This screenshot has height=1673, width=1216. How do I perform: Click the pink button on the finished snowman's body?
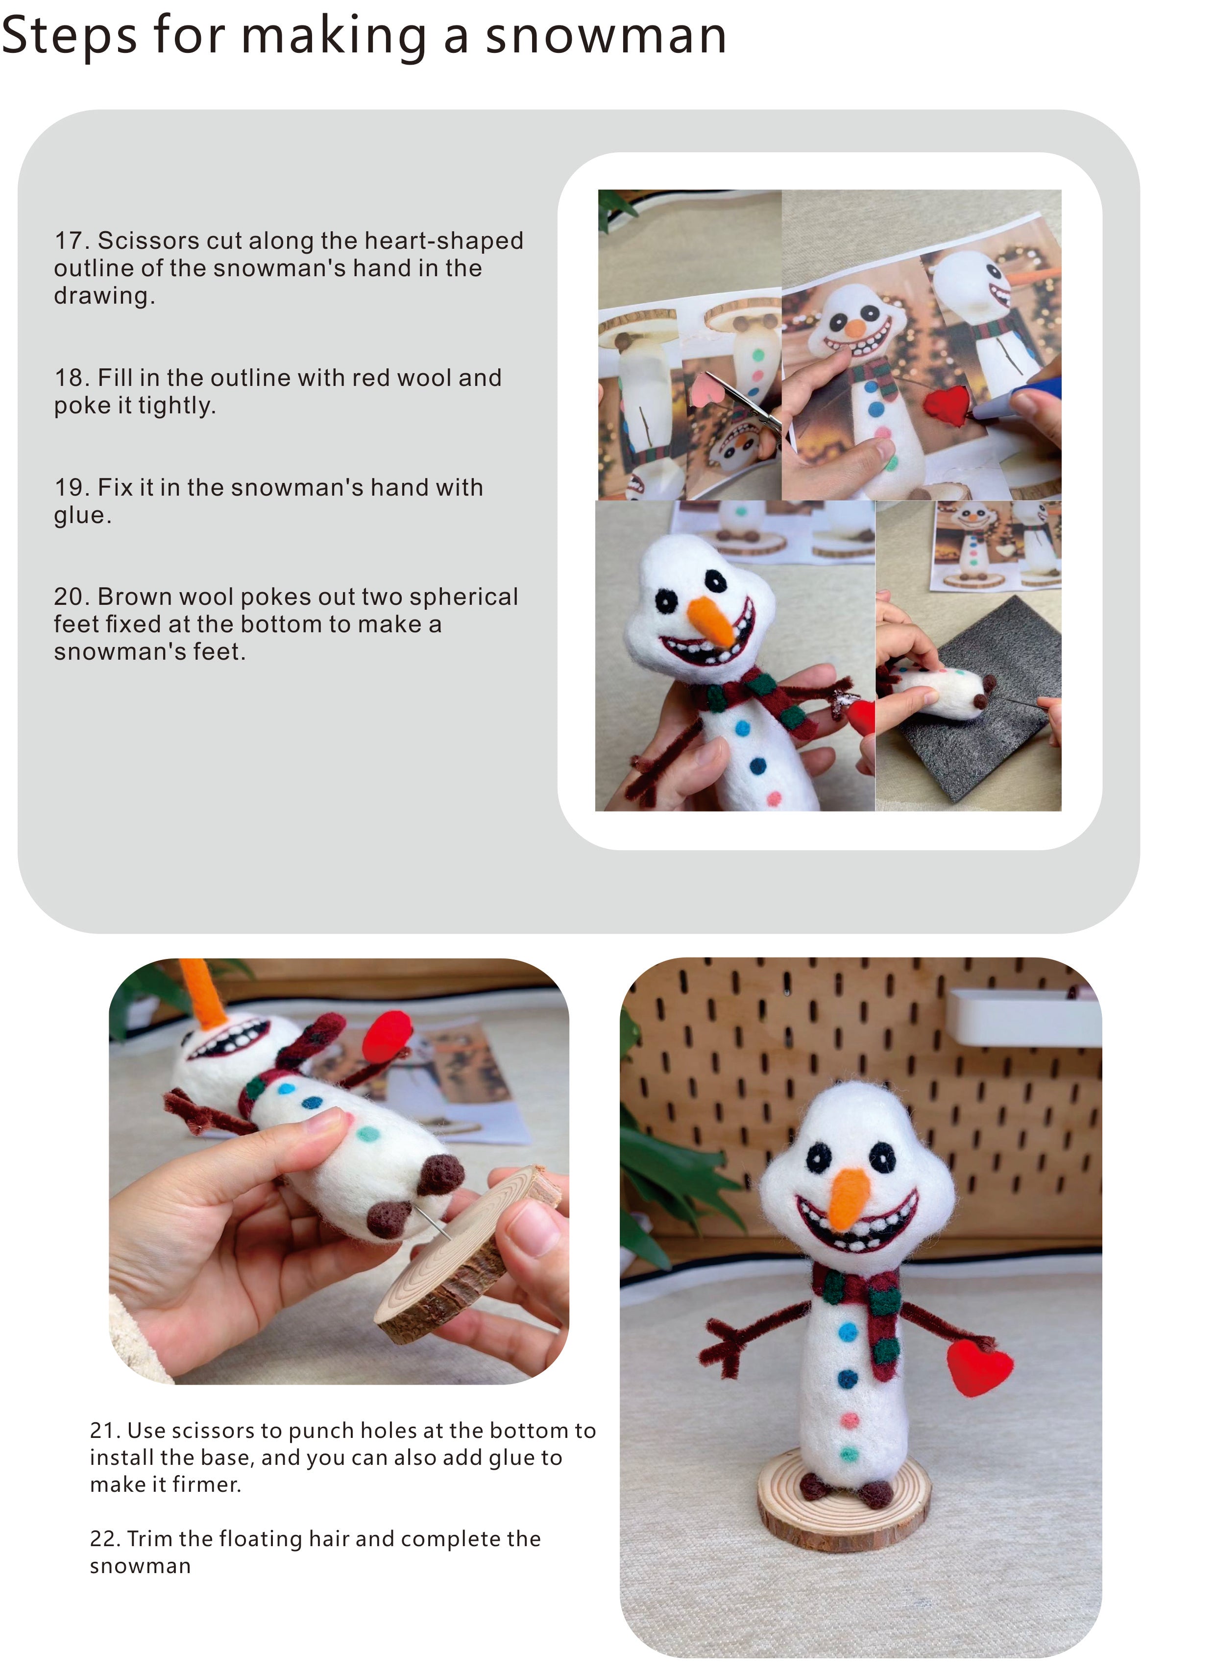point(849,1420)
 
